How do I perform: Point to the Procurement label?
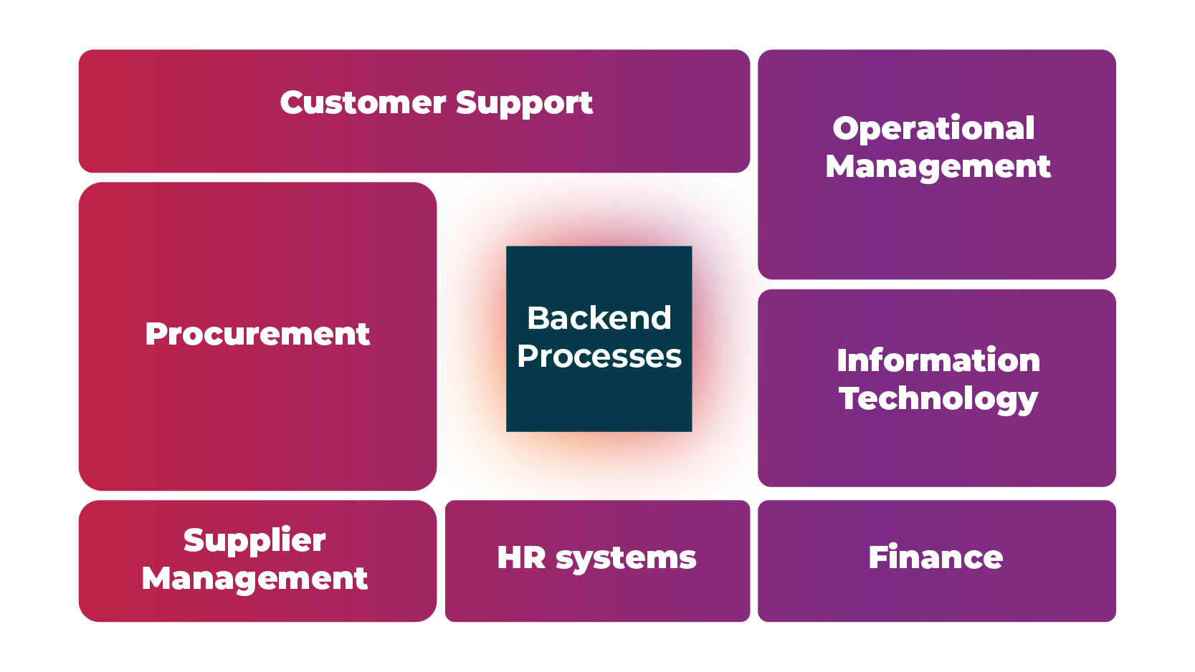257,335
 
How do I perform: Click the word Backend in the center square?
599,318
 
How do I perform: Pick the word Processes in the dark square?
599,356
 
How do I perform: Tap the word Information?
938,360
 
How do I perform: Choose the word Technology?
938,399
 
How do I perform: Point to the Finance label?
935,557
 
